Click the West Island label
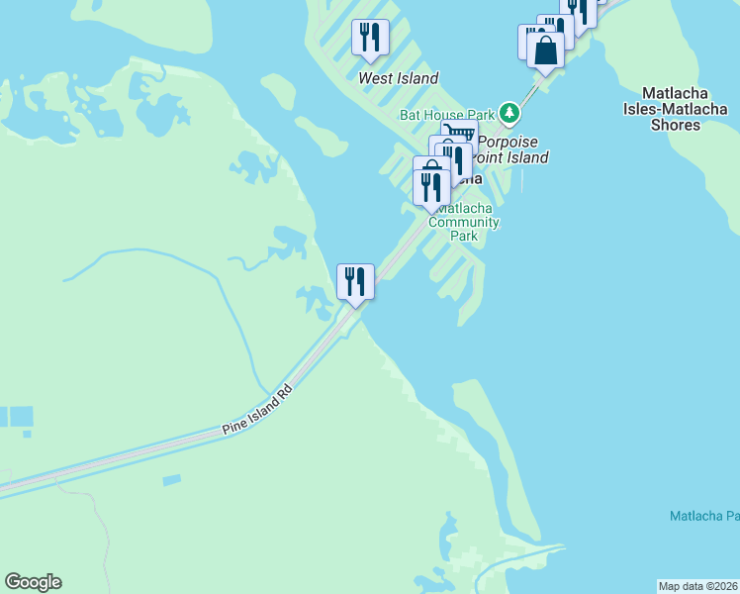pos(399,78)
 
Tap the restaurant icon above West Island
pos(370,38)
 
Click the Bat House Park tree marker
pos(509,114)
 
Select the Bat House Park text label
pos(447,115)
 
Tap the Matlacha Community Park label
pos(464,223)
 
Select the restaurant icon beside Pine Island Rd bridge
pos(355,281)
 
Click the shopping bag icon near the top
pos(545,49)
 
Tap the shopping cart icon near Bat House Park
pos(459,133)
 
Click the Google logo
pos(33,582)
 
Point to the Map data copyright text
pos(698,586)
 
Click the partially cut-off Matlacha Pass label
pos(703,516)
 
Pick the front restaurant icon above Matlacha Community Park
pos(431,186)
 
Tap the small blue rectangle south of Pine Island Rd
pos(171,480)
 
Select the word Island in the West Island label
pos(416,78)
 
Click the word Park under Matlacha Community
pos(464,236)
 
